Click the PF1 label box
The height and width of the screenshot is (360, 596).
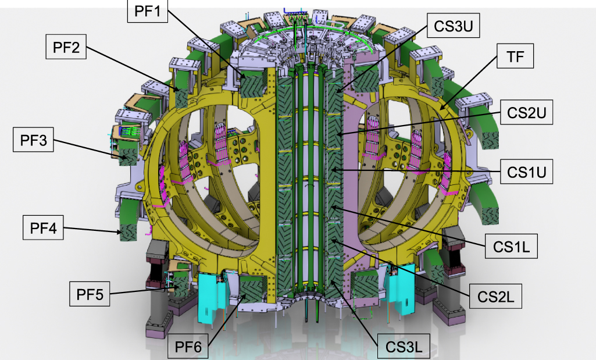147,11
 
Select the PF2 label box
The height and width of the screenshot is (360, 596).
67,46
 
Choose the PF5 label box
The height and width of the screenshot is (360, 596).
90,293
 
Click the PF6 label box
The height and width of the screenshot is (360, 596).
188,347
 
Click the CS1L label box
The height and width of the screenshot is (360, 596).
510,247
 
